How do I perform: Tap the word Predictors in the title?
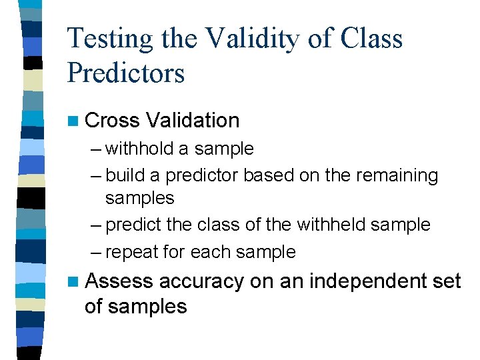point(126,72)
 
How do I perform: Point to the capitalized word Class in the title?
point(372,39)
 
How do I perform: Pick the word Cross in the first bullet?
point(113,121)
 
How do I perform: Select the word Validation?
point(193,121)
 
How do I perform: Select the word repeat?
point(129,253)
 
